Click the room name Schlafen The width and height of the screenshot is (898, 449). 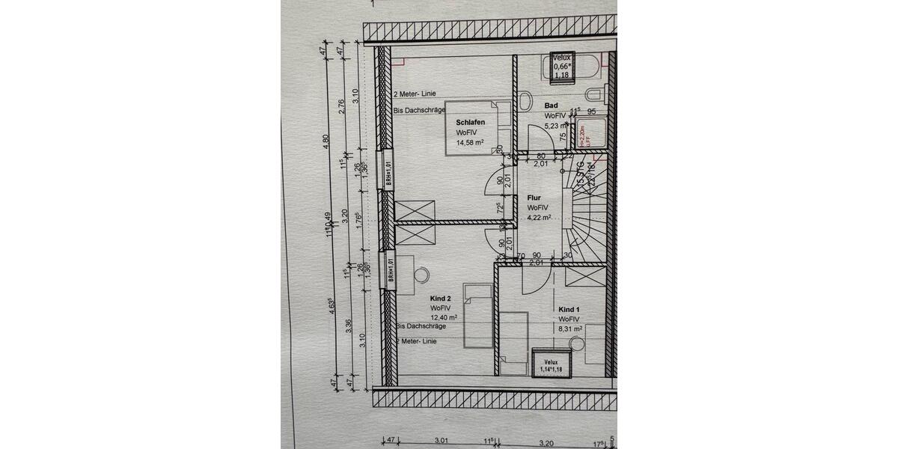471,122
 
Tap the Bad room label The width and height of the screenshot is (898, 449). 552,106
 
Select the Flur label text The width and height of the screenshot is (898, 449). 534,198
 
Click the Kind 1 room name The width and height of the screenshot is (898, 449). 569,309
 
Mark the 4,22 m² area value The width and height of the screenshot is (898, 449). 539,218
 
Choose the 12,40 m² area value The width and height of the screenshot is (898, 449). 445,317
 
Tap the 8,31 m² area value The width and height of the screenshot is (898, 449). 570,328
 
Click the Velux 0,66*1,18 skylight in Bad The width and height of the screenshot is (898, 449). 561,66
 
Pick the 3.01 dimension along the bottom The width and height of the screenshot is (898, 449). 441,442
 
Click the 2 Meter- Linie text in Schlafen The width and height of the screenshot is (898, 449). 415,95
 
